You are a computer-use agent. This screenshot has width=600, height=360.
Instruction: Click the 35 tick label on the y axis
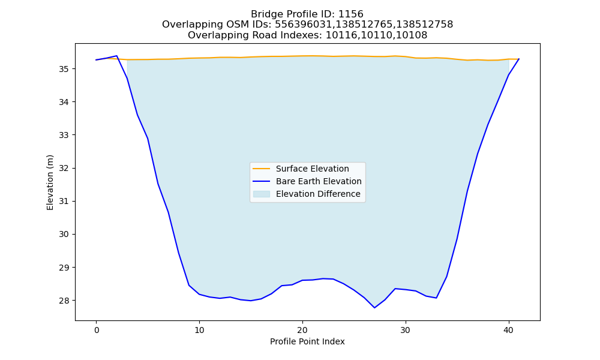(x=64, y=69)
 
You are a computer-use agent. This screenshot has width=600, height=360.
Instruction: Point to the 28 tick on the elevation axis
(x=64, y=301)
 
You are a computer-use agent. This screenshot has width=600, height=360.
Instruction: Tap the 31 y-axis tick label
(x=64, y=201)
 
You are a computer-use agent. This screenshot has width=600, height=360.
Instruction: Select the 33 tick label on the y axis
(x=64, y=135)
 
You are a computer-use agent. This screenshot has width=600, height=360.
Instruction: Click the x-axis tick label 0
(x=97, y=330)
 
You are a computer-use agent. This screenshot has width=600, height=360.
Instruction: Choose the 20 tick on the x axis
(x=302, y=330)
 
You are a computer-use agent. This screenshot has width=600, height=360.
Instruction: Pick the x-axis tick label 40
(x=509, y=330)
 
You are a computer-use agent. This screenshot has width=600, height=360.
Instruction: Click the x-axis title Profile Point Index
(x=307, y=341)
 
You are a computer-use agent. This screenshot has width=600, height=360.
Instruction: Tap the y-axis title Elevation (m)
(x=50, y=182)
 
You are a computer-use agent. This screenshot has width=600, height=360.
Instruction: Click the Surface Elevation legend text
(x=312, y=169)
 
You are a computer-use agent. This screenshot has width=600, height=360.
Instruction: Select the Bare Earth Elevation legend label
(x=319, y=181)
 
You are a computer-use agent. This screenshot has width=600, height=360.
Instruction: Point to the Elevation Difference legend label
(x=318, y=194)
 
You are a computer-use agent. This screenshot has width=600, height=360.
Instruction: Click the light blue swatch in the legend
(x=262, y=194)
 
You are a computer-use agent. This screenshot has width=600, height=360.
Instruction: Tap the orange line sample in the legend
(x=262, y=169)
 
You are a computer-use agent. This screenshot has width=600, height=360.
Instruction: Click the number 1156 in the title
(x=351, y=14)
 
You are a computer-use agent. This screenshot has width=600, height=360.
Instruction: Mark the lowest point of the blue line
(x=374, y=308)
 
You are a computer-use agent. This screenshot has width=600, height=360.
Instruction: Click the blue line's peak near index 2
(x=117, y=56)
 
